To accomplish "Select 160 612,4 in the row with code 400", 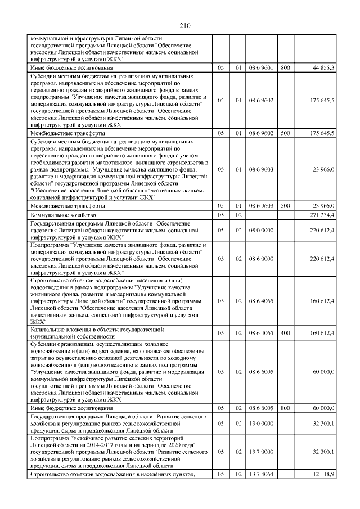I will pyautogui.click(x=322, y=333).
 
